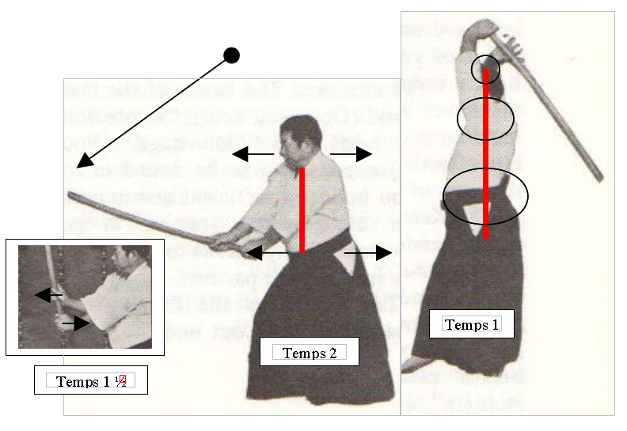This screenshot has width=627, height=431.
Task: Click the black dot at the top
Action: [x=231, y=55]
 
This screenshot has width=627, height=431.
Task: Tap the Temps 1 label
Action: [x=472, y=324]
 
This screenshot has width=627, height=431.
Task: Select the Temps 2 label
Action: [x=310, y=353]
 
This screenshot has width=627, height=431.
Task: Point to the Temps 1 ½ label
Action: [x=91, y=381]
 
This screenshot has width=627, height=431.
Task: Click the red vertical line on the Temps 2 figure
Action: [x=302, y=210]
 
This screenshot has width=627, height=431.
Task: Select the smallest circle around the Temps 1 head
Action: [x=486, y=70]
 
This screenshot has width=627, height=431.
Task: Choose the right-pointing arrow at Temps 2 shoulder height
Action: [x=351, y=153]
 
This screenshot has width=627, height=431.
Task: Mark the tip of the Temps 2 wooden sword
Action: [x=70, y=195]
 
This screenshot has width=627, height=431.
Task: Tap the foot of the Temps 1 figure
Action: [x=414, y=363]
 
